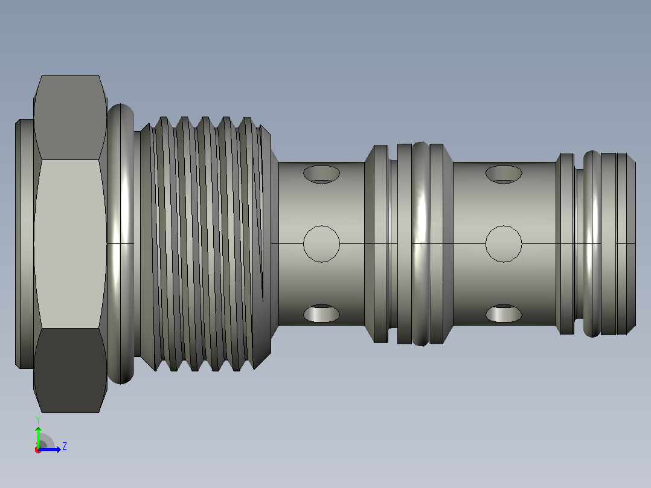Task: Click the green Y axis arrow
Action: [38, 437]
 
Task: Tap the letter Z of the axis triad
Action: [65, 446]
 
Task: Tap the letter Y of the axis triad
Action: [38, 420]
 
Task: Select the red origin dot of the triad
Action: [38, 450]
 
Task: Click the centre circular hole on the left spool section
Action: [321, 244]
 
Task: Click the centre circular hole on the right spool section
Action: [504, 244]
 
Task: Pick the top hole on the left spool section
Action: [321, 175]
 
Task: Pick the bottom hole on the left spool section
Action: [321, 313]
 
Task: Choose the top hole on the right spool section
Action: [504, 175]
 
